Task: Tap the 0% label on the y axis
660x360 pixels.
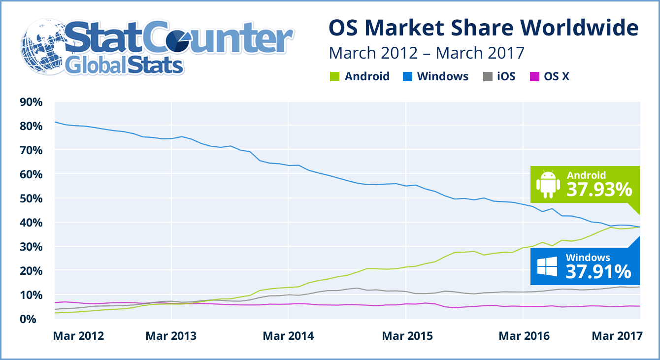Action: click(35, 319)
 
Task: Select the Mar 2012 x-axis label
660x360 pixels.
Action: click(78, 336)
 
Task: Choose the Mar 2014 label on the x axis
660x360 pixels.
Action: click(288, 336)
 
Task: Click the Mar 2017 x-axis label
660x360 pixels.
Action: click(617, 336)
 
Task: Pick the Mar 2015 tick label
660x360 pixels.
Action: click(407, 336)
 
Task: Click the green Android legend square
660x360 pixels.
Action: click(333, 77)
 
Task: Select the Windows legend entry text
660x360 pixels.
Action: click(442, 77)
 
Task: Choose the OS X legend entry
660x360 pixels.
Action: click(557, 77)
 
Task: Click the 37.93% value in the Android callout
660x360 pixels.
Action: click(599, 189)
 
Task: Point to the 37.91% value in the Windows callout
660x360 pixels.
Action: click(598, 271)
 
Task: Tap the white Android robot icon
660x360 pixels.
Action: click(548, 183)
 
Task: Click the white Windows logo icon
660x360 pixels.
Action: click(547, 266)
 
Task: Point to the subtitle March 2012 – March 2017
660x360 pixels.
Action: click(427, 52)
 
